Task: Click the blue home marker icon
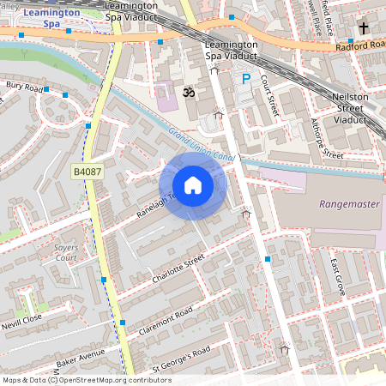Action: [x=193, y=184]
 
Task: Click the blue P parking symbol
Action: [x=245, y=79]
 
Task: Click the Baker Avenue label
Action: [x=81, y=359]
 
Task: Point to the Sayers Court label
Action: [x=66, y=251]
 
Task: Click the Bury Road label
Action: [x=24, y=87]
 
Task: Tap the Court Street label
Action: [x=270, y=94]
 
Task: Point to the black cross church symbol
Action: [x=364, y=27]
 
